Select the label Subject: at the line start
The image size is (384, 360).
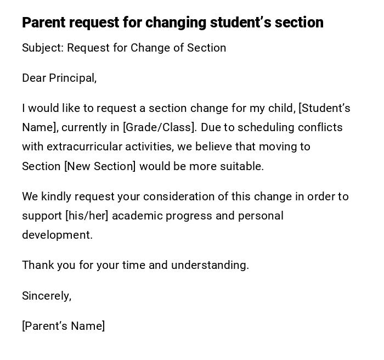(x=43, y=48)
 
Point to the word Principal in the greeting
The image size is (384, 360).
(x=72, y=78)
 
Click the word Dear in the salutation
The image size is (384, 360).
(x=34, y=78)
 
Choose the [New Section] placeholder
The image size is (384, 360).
(x=100, y=166)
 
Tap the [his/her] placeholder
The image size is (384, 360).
(x=87, y=216)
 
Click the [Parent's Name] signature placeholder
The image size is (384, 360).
(x=64, y=326)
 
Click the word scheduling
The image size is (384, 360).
(x=265, y=127)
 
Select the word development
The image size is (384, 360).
(x=57, y=235)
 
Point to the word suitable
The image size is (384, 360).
(x=242, y=166)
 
